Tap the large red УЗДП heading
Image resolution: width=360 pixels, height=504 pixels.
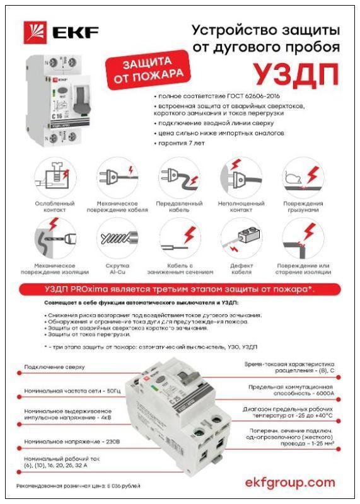290,74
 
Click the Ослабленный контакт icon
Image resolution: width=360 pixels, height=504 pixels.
54,177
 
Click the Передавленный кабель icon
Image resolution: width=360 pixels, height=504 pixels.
179,177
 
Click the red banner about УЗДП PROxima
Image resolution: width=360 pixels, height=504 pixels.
179,289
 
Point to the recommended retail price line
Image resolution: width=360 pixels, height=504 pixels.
78,486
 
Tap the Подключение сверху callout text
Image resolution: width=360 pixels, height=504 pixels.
54,367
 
